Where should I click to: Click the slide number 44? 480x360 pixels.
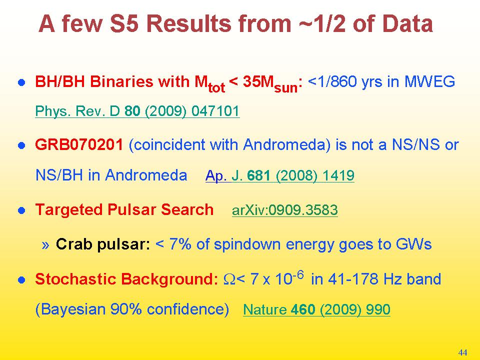tap(462, 352)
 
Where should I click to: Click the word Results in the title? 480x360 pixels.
tap(190, 23)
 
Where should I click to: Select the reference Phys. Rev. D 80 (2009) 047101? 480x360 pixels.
tap(137, 111)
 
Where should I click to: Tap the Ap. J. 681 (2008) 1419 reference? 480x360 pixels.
tap(280, 175)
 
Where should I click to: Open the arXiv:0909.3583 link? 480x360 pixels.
tap(284, 210)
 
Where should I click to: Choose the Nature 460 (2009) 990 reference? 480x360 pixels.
tap(316, 309)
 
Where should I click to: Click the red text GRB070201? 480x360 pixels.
tap(79, 144)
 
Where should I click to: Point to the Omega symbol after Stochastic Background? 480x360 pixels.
tap(229, 279)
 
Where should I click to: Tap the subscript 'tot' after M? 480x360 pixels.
tap(216, 88)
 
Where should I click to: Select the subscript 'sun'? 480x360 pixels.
tap(286, 88)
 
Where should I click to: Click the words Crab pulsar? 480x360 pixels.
tap(103, 244)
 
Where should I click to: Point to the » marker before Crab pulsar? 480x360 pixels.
tap(45, 245)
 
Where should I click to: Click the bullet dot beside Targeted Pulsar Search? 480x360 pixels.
tap(21, 210)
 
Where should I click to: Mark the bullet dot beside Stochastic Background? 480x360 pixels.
tap(21, 280)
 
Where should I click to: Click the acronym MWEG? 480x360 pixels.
tap(429, 81)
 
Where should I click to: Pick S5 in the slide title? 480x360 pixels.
tap(124, 23)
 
